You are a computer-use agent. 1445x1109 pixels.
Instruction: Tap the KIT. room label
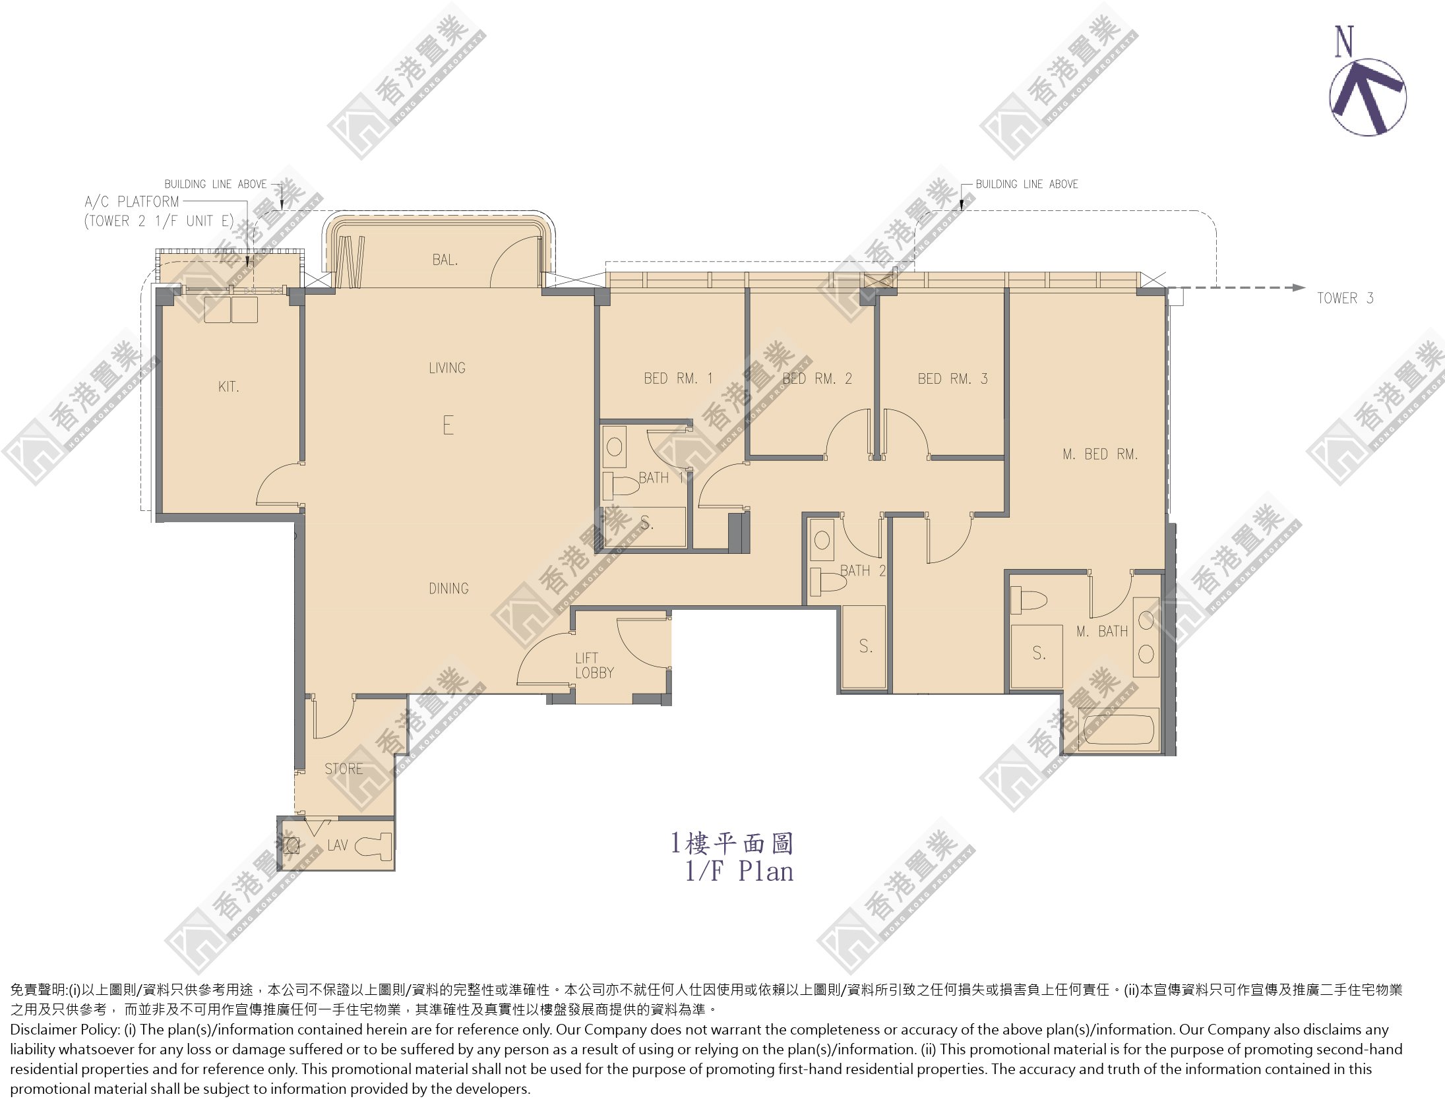(x=228, y=387)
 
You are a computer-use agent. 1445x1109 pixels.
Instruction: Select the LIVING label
(x=447, y=368)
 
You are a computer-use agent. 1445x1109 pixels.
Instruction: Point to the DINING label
(x=448, y=588)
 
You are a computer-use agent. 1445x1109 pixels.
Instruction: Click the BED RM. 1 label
(x=678, y=378)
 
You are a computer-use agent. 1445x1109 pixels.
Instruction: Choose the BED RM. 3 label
(x=952, y=378)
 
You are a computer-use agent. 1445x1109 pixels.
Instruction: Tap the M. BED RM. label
(x=1100, y=454)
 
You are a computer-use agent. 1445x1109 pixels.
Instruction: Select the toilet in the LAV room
(x=374, y=847)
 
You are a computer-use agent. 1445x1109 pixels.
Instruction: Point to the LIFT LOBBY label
(x=594, y=665)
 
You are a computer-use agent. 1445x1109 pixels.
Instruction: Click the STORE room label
(x=343, y=769)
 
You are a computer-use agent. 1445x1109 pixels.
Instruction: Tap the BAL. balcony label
(x=445, y=260)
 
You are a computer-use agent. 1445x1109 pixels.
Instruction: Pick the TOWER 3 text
(x=1345, y=298)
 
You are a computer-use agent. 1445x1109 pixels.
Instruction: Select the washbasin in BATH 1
(x=615, y=448)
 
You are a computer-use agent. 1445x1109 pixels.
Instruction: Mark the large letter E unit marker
(x=448, y=425)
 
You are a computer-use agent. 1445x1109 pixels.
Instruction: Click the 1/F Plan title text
(x=739, y=872)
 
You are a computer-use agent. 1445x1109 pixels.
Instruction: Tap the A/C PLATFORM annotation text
(x=132, y=202)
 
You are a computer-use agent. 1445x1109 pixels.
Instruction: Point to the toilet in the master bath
(x=1028, y=601)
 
